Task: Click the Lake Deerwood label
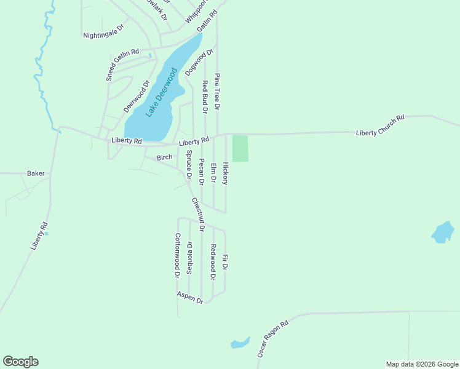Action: pos(161,93)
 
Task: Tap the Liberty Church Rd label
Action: pos(380,125)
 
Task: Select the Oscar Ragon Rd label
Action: pos(272,339)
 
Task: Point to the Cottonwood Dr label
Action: pos(177,255)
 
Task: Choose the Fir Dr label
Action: pos(225,263)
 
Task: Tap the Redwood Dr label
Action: pos(213,262)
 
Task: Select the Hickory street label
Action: pos(226,173)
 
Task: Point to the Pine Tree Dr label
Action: pos(217,92)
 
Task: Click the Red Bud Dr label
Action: pos(205,97)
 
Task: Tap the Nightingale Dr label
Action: pos(103,31)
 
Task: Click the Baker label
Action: pos(36,173)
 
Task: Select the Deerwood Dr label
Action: pos(137,97)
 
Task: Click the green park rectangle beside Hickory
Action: pos(240,148)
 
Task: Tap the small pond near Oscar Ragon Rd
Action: pos(240,343)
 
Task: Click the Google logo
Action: pos(20,362)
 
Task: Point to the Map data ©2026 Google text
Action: pos(421,364)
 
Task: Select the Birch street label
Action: pos(165,157)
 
